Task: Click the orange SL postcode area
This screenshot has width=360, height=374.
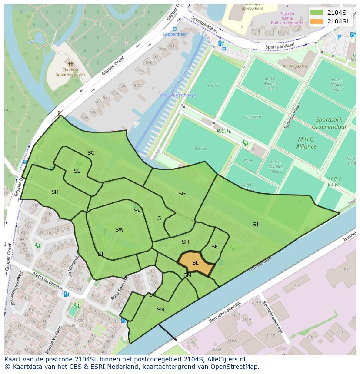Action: point(196,263)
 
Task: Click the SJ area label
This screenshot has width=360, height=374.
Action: point(255,225)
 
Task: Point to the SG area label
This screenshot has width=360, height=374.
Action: point(182,194)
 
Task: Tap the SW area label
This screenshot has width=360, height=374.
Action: point(120,230)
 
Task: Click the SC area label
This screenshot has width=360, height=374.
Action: point(91,153)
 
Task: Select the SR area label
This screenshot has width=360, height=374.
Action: point(55,192)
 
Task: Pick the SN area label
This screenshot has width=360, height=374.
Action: point(160,310)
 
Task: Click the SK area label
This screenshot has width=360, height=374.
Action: point(215,247)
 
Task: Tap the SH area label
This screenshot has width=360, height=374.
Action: point(185,242)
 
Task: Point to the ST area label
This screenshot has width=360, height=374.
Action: point(100,254)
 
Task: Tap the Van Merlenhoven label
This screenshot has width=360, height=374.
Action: point(178,95)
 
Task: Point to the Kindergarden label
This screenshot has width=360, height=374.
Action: point(295,66)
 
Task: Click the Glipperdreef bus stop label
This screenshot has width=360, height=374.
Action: point(174,34)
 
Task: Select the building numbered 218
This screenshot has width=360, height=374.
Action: point(297,286)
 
